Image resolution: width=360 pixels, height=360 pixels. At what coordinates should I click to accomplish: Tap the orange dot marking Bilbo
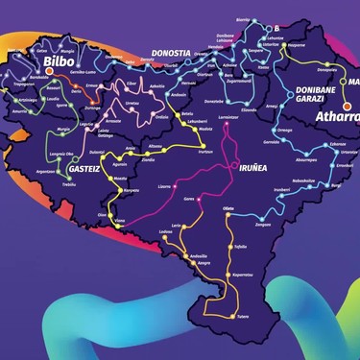tap(50, 70)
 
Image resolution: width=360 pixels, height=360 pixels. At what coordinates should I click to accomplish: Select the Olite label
tap(228, 207)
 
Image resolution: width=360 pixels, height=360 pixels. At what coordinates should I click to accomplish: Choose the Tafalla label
tap(239, 247)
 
